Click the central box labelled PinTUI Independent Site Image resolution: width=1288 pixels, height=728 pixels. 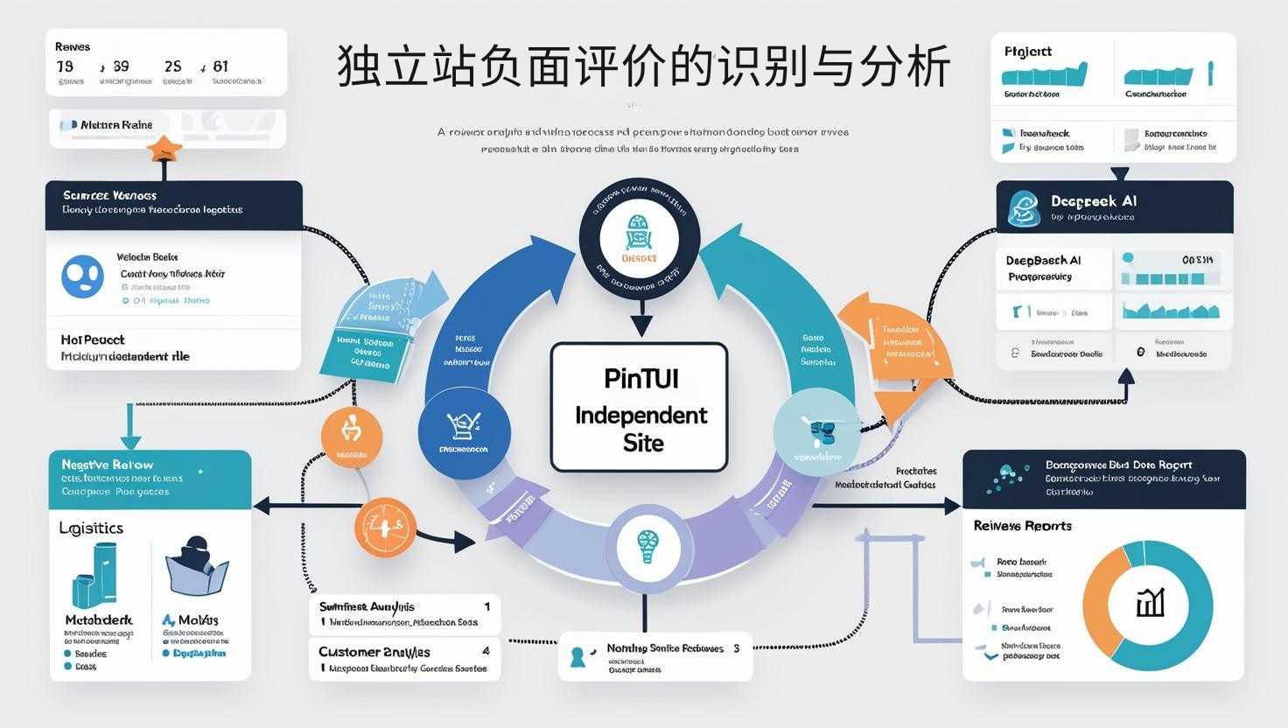[x=639, y=408]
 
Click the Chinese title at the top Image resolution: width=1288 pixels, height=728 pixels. [x=644, y=67]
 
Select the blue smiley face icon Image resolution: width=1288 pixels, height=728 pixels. [x=82, y=276]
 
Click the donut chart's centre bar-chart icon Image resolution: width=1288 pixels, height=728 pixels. [x=1149, y=604]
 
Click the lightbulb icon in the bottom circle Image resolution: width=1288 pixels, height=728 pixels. [x=647, y=547]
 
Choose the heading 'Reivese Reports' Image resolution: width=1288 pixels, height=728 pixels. [x=1022, y=526]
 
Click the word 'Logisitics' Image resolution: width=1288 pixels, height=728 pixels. [x=91, y=528]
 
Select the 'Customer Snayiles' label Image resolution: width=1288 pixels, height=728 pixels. [x=374, y=652]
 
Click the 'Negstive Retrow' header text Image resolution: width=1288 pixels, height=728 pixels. [x=107, y=465]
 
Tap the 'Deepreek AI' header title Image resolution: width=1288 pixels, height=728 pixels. [x=1093, y=200]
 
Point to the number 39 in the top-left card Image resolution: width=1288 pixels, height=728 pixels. [x=121, y=66]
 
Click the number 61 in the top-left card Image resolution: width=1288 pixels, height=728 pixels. [x=220, y=66]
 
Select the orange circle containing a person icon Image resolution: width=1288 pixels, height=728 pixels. [x=351, y=434]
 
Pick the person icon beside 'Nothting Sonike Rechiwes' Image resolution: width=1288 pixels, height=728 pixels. [x=577, y=656]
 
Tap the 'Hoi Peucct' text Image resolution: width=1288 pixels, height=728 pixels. [x=93, y=339]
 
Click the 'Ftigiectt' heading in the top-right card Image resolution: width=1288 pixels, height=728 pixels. [x=1028, y=52]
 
